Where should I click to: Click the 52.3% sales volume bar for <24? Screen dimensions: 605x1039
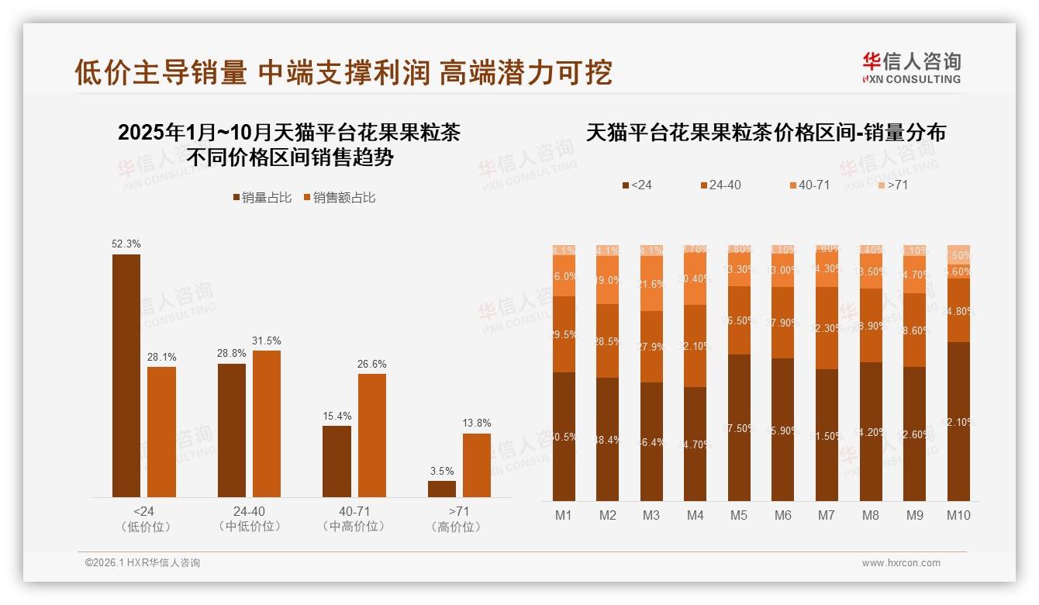126,375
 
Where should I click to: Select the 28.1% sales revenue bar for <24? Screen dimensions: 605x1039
161,432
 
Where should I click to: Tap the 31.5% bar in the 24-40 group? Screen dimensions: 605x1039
267,423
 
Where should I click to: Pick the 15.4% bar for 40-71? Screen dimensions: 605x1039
337,462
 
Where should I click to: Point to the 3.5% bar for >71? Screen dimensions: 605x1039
442,489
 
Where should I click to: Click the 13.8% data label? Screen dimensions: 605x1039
477,423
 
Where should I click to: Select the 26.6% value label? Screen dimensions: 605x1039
372,364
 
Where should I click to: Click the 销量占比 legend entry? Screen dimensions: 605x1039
262,198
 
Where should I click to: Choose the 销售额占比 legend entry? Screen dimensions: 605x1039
340,198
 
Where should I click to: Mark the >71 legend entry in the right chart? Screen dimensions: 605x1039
892,185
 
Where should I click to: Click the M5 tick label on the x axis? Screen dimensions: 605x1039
739,515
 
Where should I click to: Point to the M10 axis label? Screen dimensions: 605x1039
958,515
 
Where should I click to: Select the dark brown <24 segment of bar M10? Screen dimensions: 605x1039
958,421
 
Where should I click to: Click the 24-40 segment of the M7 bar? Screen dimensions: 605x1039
827,328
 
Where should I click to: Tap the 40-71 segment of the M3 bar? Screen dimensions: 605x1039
651,284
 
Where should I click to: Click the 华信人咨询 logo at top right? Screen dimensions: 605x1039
911,67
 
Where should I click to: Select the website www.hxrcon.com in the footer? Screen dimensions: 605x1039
901,563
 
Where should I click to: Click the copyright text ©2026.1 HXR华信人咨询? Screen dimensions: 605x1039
142,563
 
